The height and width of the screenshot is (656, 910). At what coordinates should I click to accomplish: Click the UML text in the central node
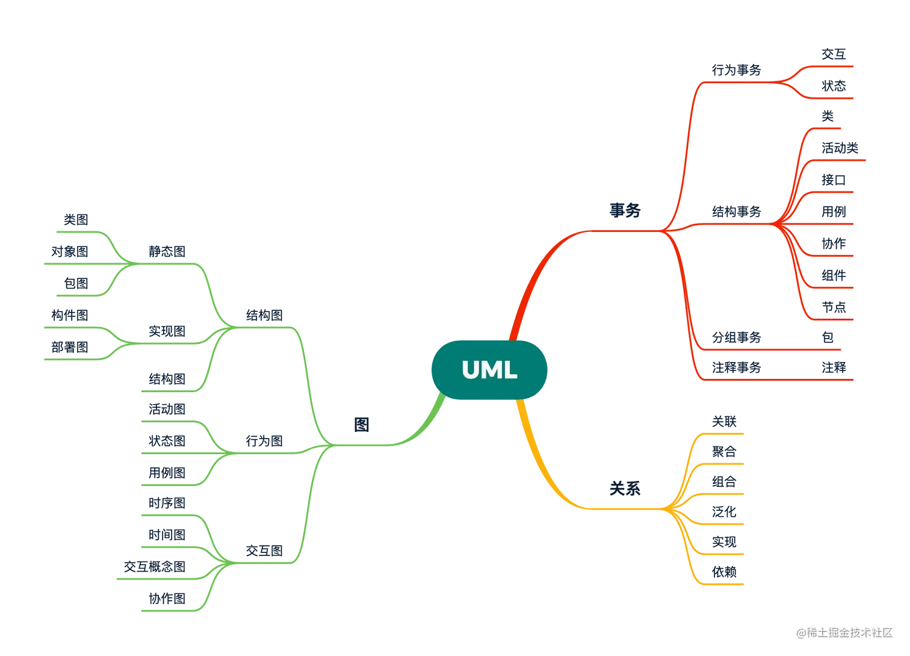tap(489, 370)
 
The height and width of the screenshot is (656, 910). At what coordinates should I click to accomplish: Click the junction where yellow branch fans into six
tap(668, 510)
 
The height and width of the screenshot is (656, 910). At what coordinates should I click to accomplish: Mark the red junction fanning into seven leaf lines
tap(776, 224)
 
